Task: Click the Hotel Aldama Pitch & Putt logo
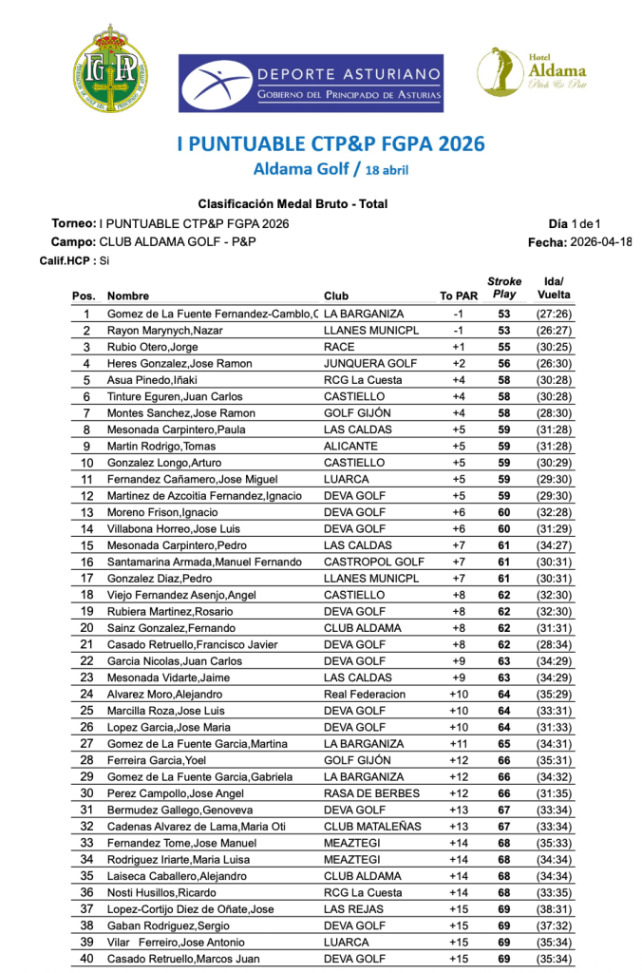click(532, 72)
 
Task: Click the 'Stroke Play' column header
click(504, 288)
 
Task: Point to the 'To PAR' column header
click(459, 296)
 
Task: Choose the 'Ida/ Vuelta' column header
click(554, 288)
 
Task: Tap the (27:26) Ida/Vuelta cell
click(553, 314)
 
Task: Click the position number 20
click(86, 628)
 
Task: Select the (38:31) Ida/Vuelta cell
click(553, 909)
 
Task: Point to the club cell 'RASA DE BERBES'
click(371, 793)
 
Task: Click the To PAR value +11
click(458, 744)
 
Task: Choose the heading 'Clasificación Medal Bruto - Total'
click(293, 204)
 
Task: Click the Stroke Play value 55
click(504, 347)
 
